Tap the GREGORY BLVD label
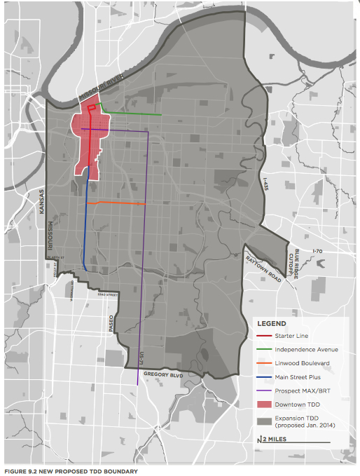[x=163, y=375]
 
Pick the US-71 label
[x=143, y=357]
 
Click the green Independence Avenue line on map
[x=133, y=114]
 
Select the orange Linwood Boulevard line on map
[x=119, y=203]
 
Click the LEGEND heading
[x=271, y=324]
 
